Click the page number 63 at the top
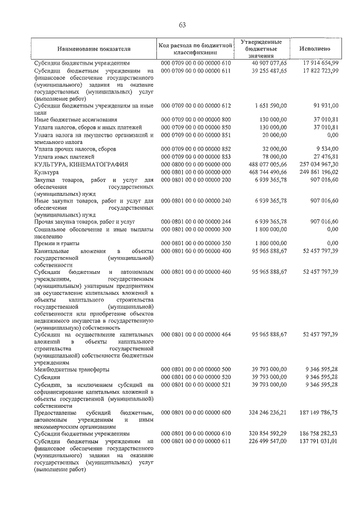182,25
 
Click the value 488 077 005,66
267,164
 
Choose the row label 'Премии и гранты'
56,243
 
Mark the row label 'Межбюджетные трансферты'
71,370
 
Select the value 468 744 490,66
267,172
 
